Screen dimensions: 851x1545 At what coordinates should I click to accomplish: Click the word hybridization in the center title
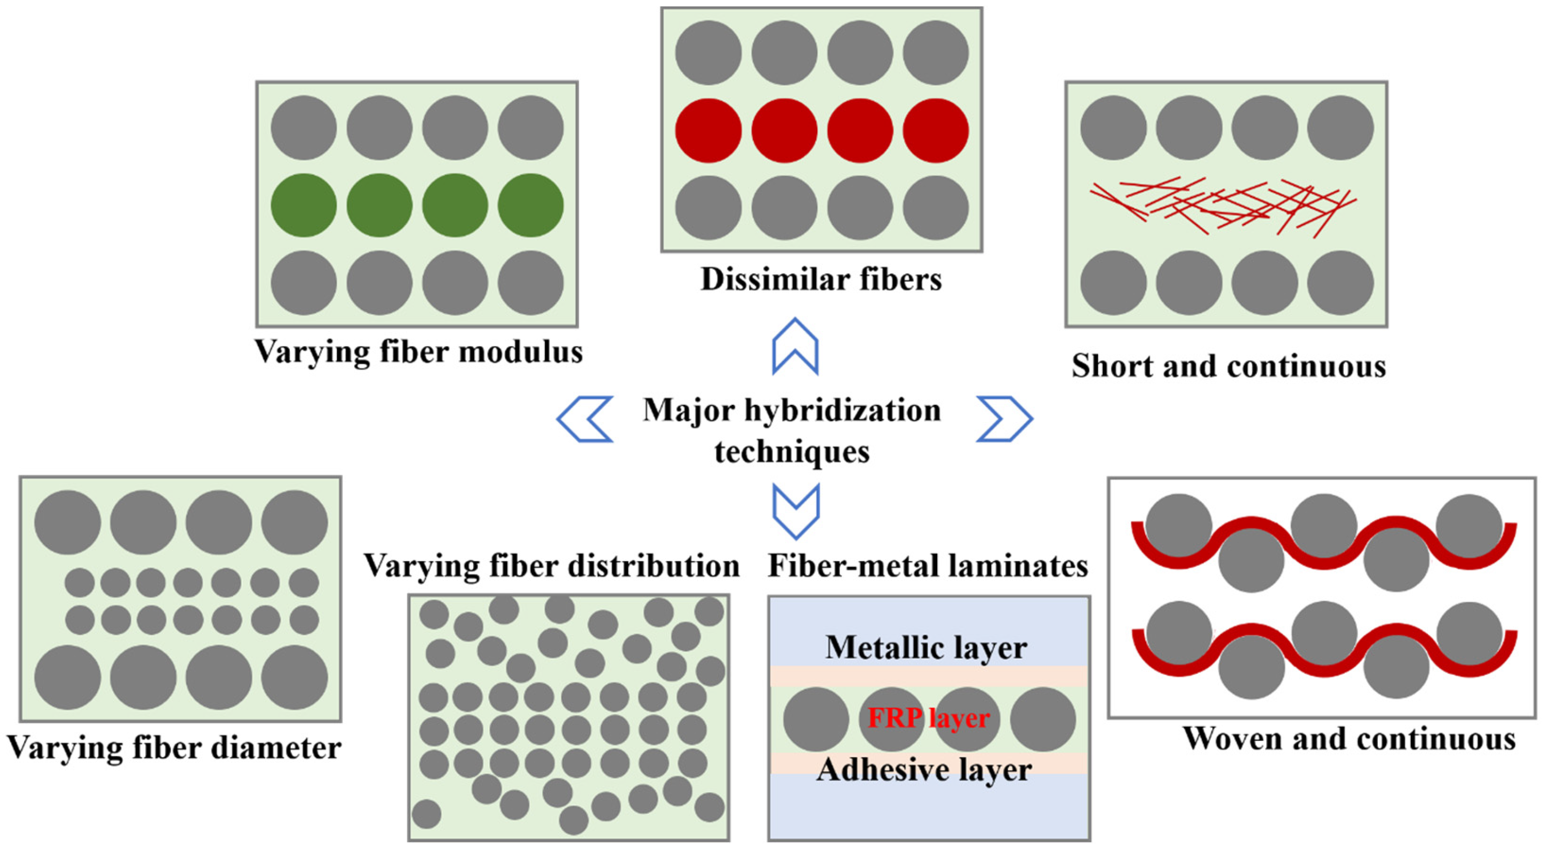[843, 411]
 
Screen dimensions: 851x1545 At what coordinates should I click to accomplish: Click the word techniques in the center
[792, 451]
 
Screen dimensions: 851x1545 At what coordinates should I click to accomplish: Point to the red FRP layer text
[928, 718]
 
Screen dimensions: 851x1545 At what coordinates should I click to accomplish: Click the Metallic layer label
[927, 648]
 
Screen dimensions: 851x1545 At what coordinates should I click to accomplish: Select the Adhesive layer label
[924, 770]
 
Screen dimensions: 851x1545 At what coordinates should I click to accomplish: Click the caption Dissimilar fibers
[821, 279]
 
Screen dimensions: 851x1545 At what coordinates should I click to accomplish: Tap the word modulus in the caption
[520, 352]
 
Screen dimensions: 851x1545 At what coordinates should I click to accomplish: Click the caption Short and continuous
[1229, 366]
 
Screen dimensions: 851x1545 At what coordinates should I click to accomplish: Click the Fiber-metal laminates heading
[928, 566]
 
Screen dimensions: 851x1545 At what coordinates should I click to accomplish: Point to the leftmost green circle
[303, 205]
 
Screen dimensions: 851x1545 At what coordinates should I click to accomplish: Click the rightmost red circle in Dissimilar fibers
[936, 131]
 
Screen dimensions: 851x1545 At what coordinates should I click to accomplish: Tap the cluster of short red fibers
[1224, 207]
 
